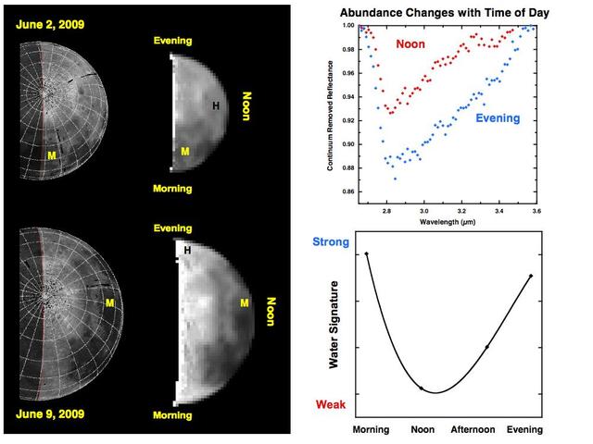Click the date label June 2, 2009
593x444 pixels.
click(x=47, y=22)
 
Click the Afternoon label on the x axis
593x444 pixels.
click(x=476, y=430)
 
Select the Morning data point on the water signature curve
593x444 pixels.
click(x=366, y=253)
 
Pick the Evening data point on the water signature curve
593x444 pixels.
click(x=530, y=276)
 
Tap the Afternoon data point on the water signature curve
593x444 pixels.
click(x=487, y=347)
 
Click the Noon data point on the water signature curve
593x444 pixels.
click(x=422, y=388)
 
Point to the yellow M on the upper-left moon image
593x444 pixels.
click(x=53, y=157)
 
